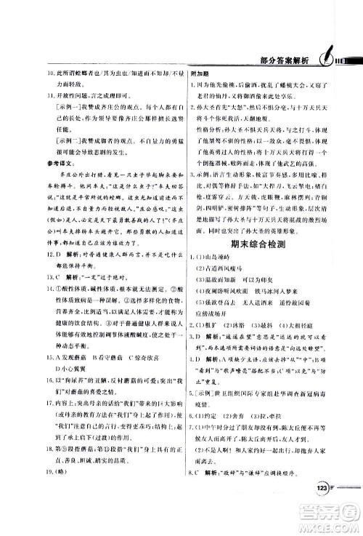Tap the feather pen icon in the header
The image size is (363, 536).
click(x=325, y=56)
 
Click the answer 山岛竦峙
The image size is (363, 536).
click(x=226, y=260)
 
